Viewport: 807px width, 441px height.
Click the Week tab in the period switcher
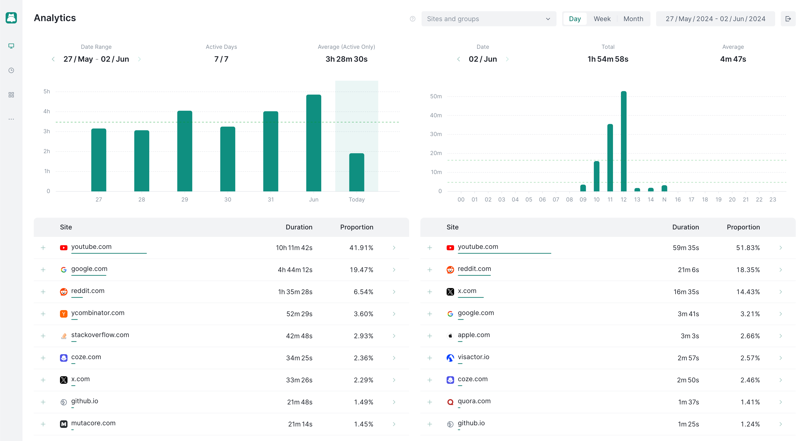tap(602, 19)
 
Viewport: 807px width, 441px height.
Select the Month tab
tap(633, 19)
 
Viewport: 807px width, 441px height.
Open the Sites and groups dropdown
tap(488, 19)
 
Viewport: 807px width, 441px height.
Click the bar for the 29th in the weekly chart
tap(184, 151)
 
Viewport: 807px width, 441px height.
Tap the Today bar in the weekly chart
tap(356, 172)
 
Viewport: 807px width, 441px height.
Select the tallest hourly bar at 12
tap(624, 141)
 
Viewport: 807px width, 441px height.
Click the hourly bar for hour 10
tap(597, 176)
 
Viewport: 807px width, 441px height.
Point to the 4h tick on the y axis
tap(47, 111)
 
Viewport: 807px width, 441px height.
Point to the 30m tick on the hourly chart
tap(436, 134)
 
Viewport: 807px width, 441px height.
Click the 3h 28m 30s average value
tap(346, 59)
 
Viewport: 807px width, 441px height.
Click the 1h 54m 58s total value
tap(608, 59)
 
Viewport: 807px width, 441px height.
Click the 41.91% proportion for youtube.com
tap(361, 248)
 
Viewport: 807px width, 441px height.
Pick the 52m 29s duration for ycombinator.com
tap(299, 314)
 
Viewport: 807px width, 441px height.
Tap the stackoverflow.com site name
tap(100, 335)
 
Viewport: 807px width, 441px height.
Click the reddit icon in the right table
tap(450, 270)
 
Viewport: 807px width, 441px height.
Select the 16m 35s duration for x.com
tap(686, 292)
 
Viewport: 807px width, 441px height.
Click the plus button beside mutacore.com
tap(43, 424)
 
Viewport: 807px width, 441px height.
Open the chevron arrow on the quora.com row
tap(780, 402)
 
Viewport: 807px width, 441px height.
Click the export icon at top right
tap(788, 19)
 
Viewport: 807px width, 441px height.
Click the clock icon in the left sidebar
tap(11, 70)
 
